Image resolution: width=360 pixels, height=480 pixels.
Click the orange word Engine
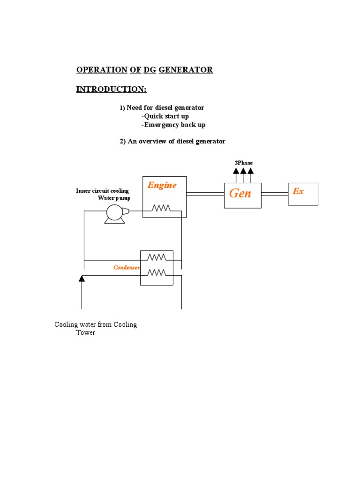[162, 185]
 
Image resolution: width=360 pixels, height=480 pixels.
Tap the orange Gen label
[240, 193]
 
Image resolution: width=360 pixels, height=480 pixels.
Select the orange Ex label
[298, 191]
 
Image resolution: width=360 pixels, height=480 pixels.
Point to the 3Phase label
[243, 163]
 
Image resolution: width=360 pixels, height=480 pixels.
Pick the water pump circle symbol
[114, 213]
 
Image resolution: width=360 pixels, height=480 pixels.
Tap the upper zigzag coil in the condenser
[157, 257]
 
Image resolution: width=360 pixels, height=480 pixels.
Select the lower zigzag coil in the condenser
[157, 272]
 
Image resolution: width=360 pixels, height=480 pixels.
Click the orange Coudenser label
[127, 268]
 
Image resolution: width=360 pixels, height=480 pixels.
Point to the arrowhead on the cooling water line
[82, 278]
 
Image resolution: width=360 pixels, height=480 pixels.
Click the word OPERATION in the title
[102, 70]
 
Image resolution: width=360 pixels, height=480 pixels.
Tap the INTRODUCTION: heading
[111, 89]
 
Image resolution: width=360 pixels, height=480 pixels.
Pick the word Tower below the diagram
[86, 333]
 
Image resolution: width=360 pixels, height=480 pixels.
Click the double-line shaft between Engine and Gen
[205, 193]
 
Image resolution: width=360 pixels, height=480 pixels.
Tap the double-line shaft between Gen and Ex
[274, 193]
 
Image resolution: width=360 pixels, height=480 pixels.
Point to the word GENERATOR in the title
[186, 70]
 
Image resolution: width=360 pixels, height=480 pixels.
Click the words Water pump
[114, 198]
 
